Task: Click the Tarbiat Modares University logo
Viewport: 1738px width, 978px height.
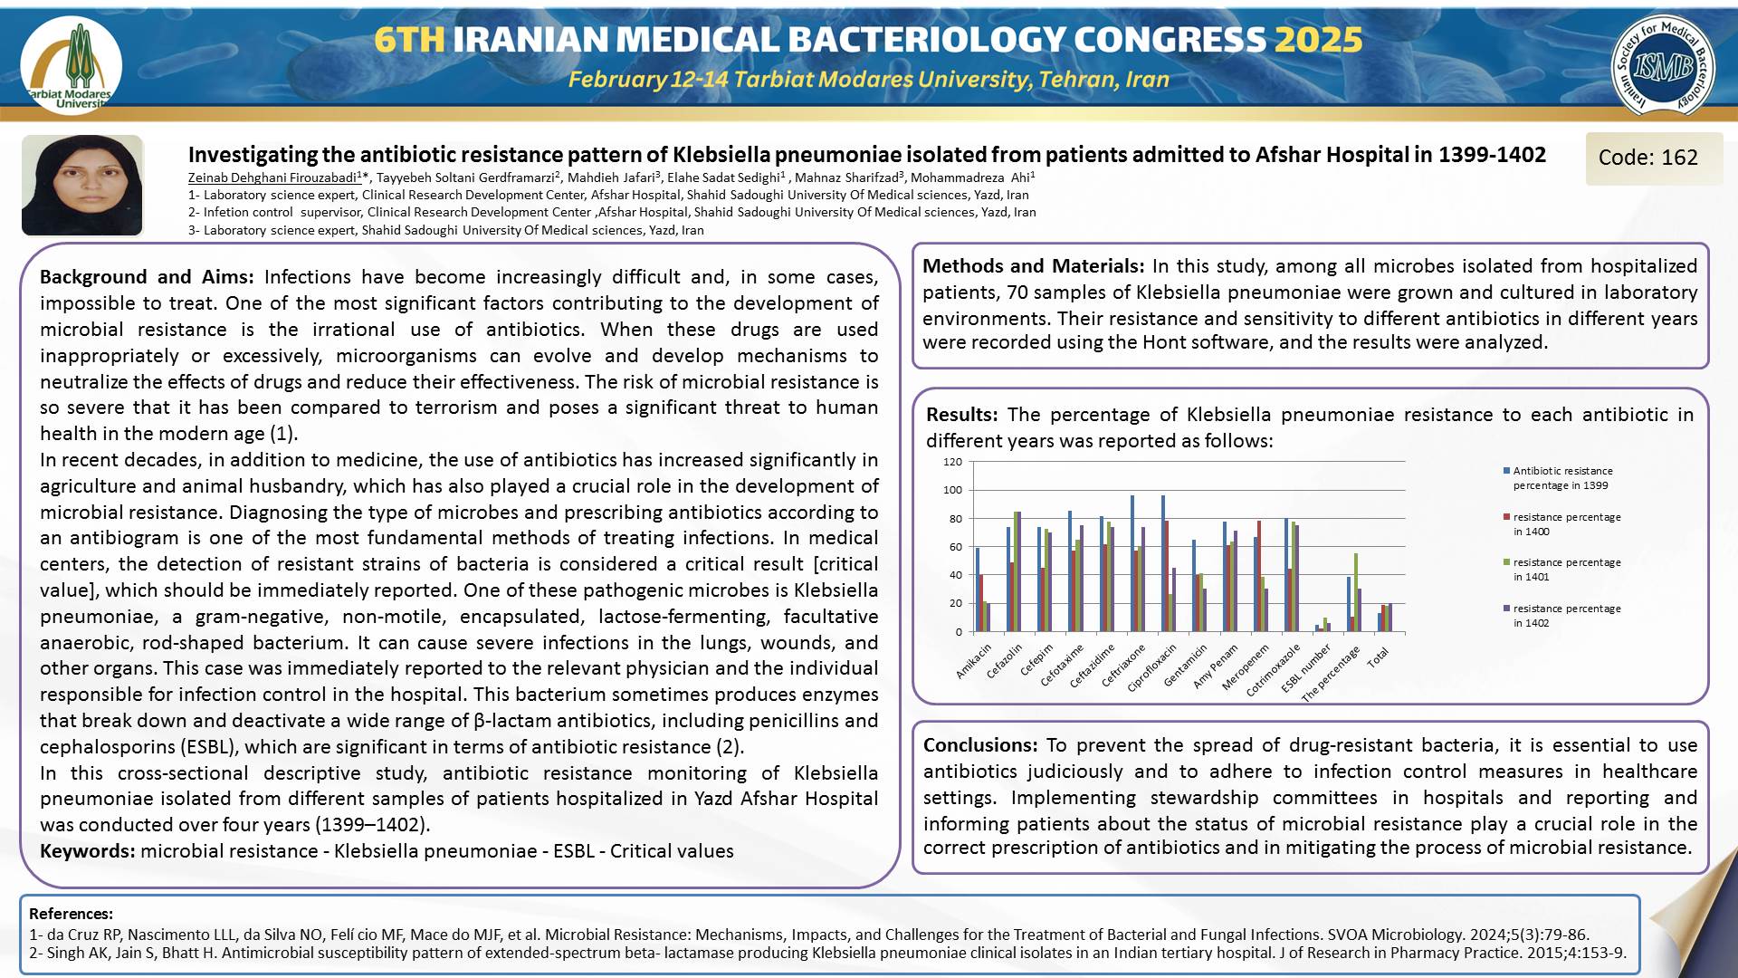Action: (72, 65)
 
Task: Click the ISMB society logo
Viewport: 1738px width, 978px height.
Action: (1662, 65)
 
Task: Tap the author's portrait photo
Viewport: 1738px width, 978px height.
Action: (82, 185)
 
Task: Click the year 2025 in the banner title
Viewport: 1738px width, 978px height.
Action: (1319, 40)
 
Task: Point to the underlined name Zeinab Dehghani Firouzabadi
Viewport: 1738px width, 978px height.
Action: (272, 177)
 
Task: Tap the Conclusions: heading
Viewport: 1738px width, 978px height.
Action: (980, 745)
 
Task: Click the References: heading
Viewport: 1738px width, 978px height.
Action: (71, 914)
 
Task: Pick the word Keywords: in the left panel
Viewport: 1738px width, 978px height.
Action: (88, 851)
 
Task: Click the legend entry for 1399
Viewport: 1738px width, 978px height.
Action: (1561, 478)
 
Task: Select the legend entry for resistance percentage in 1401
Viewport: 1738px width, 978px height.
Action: (1566, 570)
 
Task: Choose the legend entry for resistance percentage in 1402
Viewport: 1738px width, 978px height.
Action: (1566, 616)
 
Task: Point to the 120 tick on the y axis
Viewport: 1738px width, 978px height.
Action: (952, 462)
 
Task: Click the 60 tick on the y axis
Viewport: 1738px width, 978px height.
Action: (955, 547)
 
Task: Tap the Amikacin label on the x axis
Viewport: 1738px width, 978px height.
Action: (975, 661)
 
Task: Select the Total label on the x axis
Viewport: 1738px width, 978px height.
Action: (1378, 657)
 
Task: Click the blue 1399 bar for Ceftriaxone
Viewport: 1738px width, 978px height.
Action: (1132, 563)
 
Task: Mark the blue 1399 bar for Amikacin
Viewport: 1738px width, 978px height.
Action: (978, 590)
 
